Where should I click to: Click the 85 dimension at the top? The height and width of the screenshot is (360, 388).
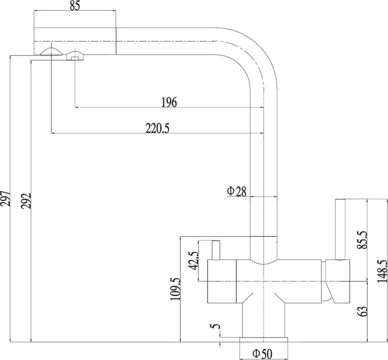tap(75, 6)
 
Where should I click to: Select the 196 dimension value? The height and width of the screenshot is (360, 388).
tap(169, 102)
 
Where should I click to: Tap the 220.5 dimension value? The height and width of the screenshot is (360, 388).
tap(157, 129)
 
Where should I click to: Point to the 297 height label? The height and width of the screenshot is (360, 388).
tap(6, 198)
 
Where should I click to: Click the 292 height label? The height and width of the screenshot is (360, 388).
tap(26, 200)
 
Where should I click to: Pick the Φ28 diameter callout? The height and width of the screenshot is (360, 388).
tap(237, 191)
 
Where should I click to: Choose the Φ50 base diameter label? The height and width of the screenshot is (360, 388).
tap(262, 354)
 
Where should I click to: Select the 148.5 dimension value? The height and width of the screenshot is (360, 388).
tap(382, 271)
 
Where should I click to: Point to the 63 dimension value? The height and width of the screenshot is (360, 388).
tap(362, 311)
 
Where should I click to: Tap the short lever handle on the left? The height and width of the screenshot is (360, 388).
tap(216, 250)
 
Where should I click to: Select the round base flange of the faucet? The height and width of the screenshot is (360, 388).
tap(264, 340)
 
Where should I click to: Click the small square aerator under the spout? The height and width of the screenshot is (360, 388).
tap(75, 58)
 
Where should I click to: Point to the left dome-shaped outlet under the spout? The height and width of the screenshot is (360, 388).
tap(51, 52)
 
